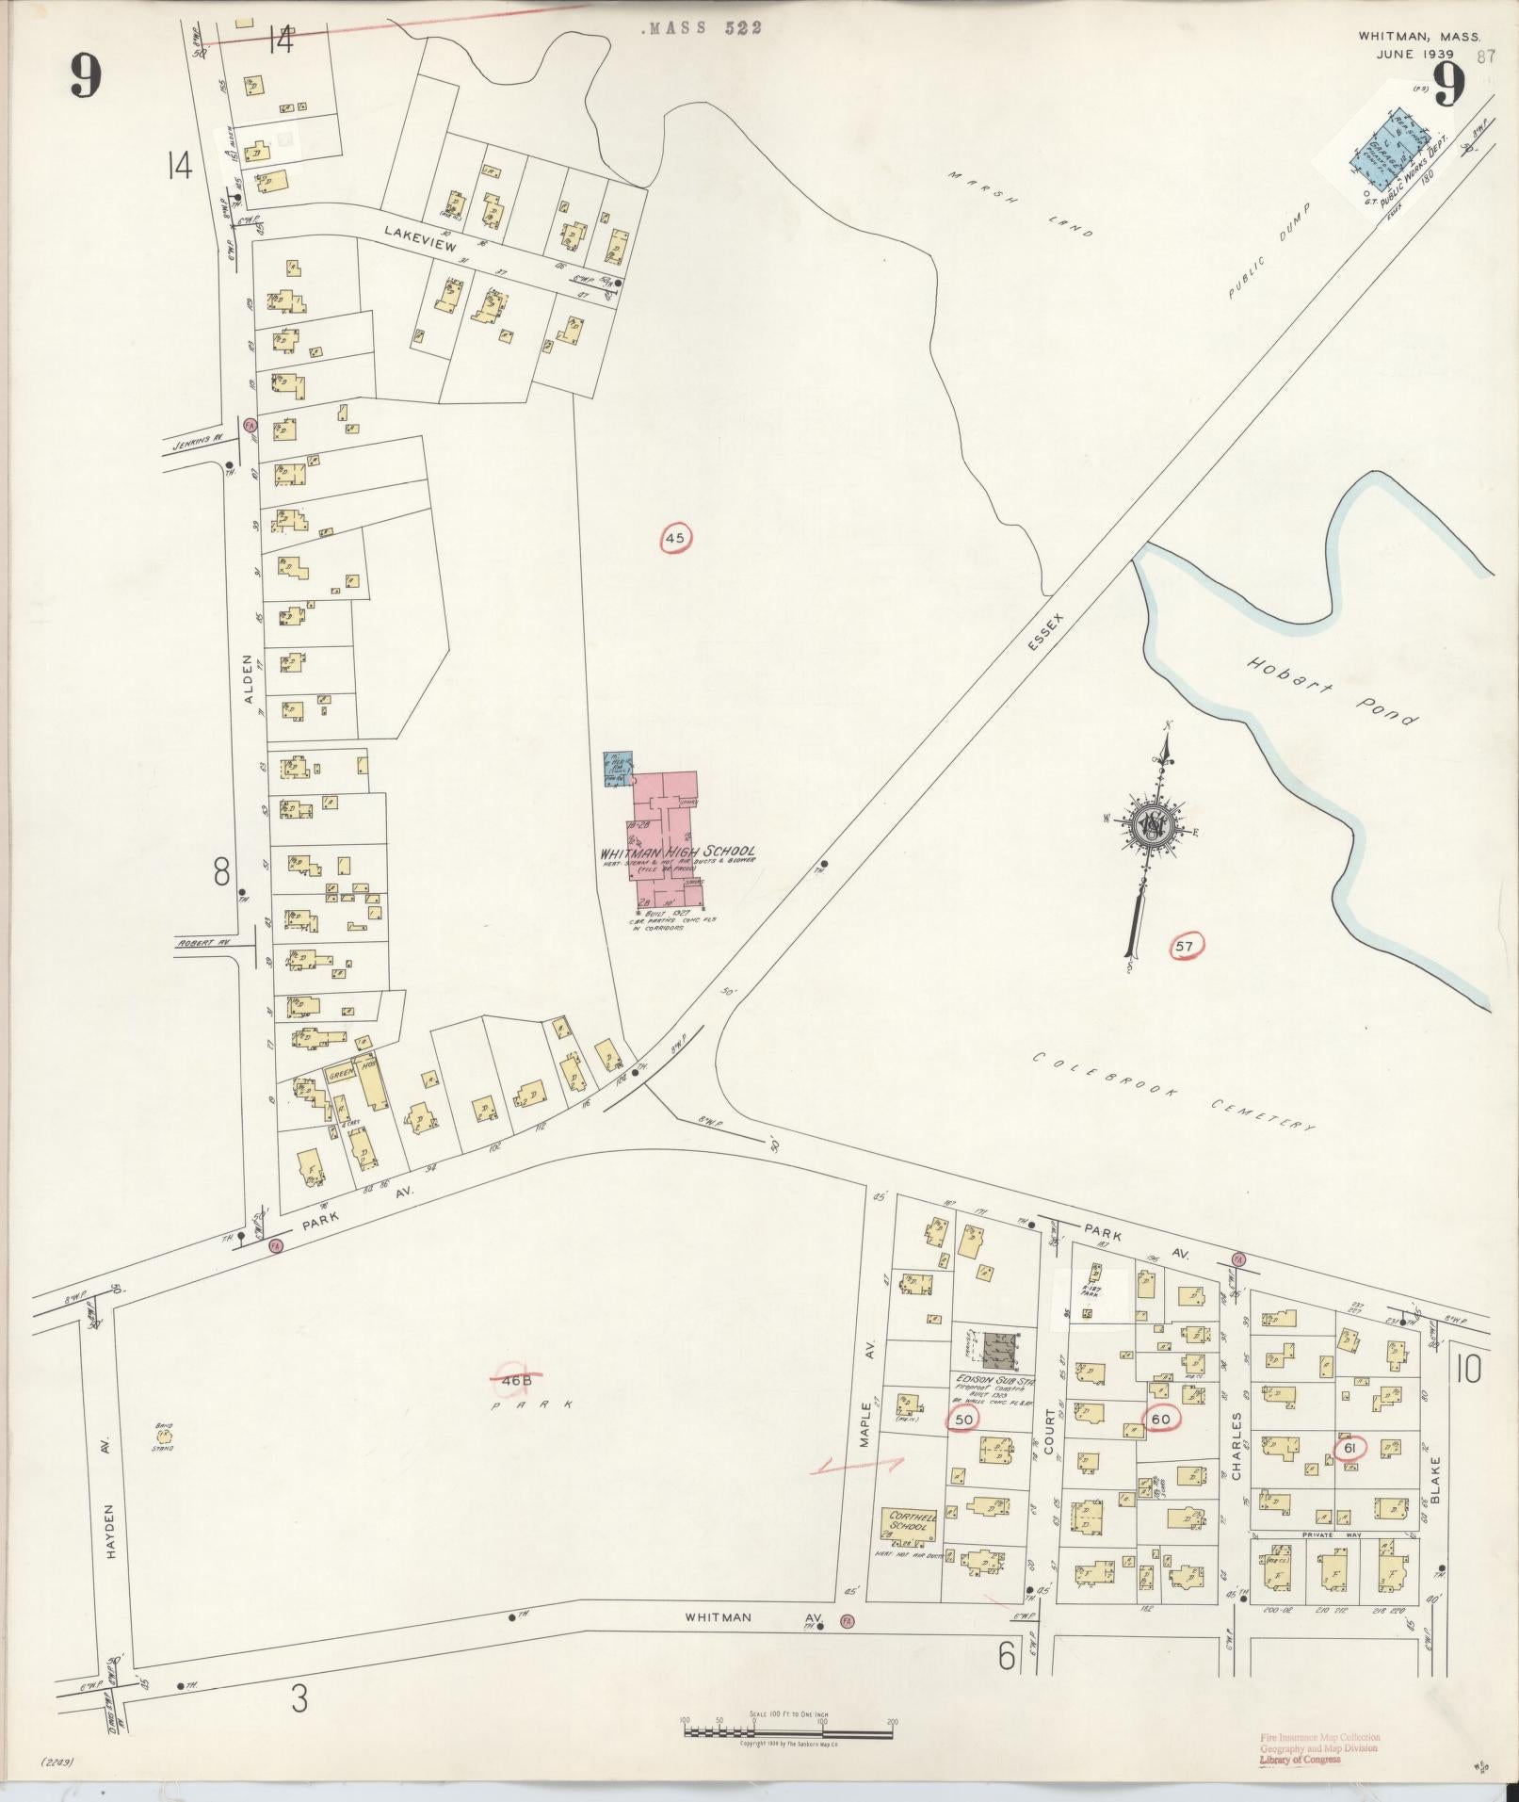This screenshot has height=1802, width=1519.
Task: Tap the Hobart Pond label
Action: pyautogui.click(x=1333, y=690)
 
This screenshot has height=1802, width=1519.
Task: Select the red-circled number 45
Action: pyautogui.click(x=675, y=539)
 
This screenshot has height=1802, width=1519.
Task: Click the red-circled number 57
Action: pyautogui.click(x=1186, y=945)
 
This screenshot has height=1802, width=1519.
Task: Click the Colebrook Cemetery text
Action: pyautogui.click(x=1172, y=1090)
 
